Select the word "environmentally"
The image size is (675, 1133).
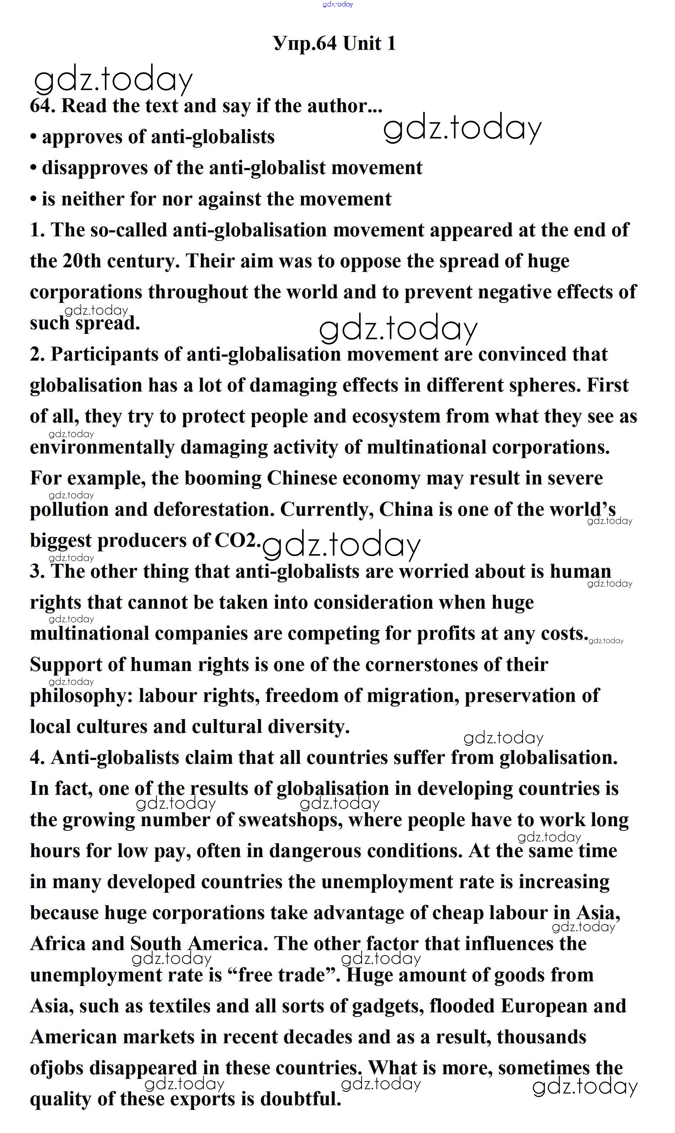point(102,448)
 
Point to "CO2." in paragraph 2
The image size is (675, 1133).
point(238,540)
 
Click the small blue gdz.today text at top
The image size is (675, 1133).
point(338,4)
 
